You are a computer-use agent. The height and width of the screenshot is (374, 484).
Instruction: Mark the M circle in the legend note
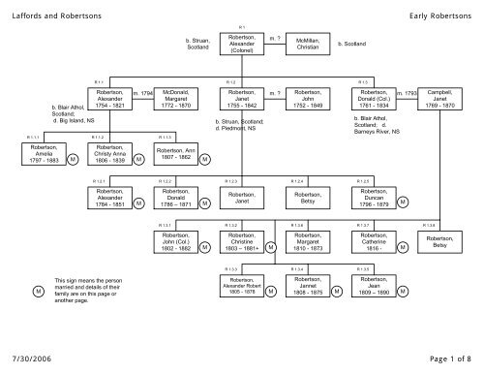[38, 291]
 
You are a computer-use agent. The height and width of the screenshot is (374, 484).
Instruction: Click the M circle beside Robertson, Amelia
[74, 161]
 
